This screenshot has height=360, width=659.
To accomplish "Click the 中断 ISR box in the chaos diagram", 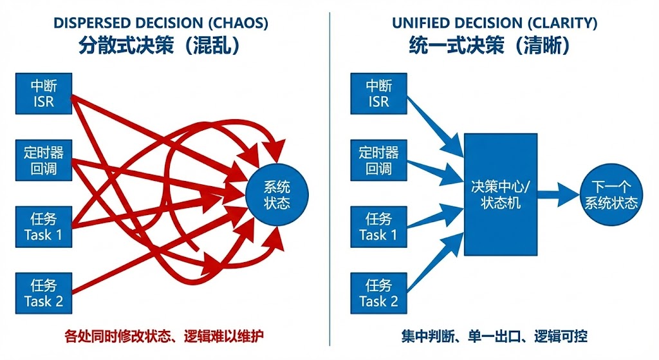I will click(44, 94).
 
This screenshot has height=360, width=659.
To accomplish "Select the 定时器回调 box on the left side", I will click(44, 161).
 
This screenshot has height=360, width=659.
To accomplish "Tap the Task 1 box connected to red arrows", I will click(44, 227).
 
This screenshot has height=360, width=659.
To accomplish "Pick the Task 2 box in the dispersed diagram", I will click(44, 293).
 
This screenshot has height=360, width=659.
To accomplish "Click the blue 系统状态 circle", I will click(277, 195).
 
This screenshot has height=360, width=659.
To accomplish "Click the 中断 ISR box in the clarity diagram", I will click(378, 94).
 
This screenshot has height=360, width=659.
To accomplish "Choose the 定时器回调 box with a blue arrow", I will click(378, 161).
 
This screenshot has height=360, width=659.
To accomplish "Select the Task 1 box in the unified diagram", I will click(378, 227).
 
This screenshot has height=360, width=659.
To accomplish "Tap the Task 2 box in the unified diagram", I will click(378, 293).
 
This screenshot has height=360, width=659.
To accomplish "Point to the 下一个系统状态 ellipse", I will click(610, 194).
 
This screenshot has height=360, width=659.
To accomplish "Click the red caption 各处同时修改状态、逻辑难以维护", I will click(165, 336).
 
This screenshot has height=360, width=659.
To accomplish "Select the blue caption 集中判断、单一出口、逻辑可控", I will click(494, 336).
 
